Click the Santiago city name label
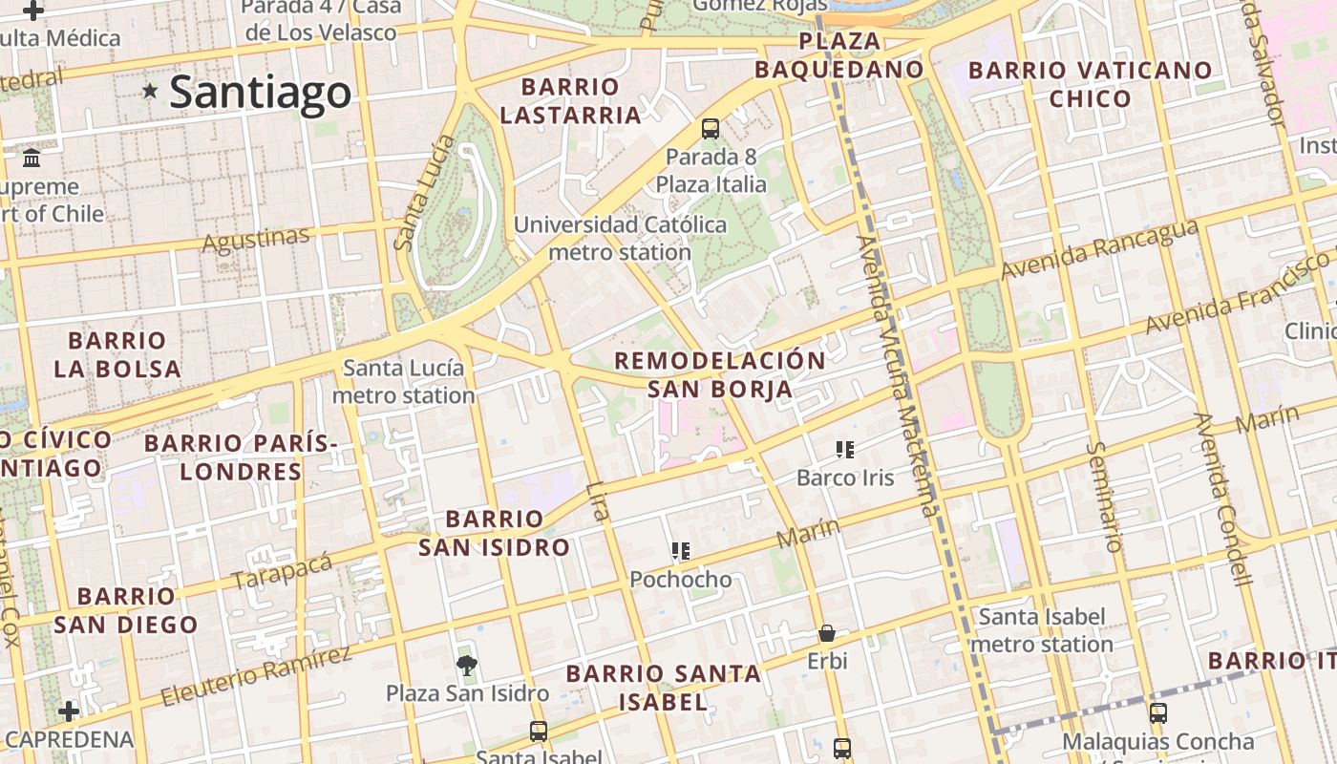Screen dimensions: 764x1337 (260, 93)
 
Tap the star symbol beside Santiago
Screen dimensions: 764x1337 (150, 92)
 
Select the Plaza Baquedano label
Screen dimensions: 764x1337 (839, 55)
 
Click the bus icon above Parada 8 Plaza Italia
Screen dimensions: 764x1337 (710, 129)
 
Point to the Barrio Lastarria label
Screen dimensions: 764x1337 (570, 101)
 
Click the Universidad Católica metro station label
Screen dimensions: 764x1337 (620, 239)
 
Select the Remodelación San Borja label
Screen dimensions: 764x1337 (720, 374)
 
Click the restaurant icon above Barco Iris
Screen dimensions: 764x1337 (844, 449)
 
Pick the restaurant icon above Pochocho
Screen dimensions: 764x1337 (680, 551)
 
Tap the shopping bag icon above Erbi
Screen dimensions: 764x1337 (826, 633)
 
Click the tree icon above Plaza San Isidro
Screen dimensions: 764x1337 (466, 665)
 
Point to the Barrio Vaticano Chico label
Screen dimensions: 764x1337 (1090, 84)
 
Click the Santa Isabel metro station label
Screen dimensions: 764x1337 (1042, 630)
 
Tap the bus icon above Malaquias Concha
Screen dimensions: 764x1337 (1157, 712)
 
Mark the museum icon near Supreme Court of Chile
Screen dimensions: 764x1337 (32, 158)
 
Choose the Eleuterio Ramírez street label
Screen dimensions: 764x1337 (256, 676)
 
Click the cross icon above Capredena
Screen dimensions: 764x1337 (68, 711)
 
